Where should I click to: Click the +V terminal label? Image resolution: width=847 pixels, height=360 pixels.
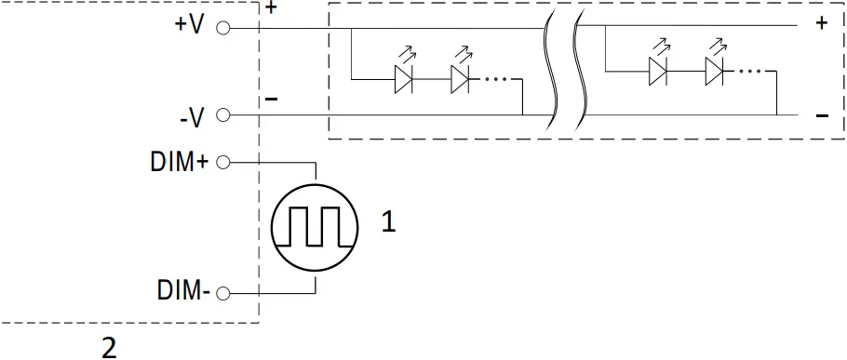pos(189,26)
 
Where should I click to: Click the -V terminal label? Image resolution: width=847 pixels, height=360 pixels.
pos(192,117)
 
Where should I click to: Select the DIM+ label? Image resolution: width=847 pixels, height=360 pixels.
pos(179,162)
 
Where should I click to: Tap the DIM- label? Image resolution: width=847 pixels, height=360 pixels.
pos(181,292)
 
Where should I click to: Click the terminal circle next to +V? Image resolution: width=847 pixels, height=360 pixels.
pos(222,28)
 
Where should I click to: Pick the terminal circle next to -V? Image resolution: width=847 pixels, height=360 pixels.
pos(222,116)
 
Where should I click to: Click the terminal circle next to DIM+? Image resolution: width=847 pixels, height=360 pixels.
pos(222,163)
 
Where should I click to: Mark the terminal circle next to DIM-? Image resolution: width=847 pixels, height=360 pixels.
pos(222,294)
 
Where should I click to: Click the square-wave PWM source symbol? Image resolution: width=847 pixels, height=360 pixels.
pos(314,227)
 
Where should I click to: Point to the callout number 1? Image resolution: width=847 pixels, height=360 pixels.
pos(389,222)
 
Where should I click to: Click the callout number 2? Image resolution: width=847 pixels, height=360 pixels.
pos(109,348)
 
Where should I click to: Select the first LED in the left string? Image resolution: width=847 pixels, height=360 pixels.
pos(404,79)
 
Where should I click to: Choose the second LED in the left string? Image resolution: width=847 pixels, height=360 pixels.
pos(460,79)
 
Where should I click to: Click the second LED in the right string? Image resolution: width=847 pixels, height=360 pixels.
pos(715,70)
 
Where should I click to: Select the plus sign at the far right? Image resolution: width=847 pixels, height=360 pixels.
pos(821,25)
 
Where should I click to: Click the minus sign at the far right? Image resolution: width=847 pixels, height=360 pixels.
pos(821,116)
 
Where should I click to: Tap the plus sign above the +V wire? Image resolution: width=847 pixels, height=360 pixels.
pos(272,8)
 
